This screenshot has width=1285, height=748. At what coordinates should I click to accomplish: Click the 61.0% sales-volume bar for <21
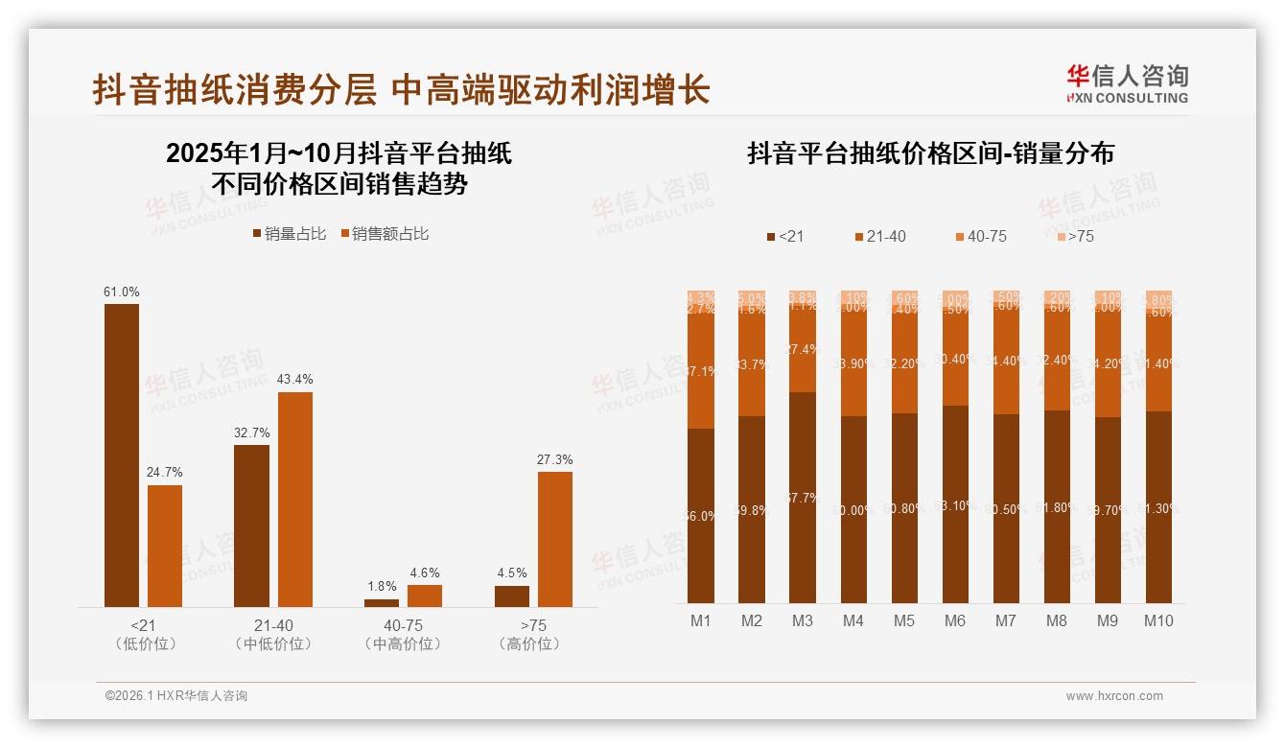pos(122,455)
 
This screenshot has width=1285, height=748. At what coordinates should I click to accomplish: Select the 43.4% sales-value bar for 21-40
pos(295,499)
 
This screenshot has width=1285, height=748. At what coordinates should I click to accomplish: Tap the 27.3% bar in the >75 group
pos(555,538)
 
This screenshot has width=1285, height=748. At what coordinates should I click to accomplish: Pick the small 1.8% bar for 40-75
pos(382,602)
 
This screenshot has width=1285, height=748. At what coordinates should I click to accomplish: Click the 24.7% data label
pos(165,473)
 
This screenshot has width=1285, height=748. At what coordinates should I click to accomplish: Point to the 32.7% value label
pos(251,432)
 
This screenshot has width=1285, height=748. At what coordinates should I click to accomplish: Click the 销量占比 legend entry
pos(289,234)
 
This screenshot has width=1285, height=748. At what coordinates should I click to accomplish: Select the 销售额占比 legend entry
pos(385,234)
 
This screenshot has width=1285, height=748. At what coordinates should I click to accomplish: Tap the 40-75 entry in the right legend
pos(981,236)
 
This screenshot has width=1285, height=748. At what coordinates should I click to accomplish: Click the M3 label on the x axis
pos(803,620)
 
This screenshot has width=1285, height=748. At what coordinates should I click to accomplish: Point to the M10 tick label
pos(1158,620)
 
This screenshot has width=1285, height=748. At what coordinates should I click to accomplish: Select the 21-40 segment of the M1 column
pos(701,369)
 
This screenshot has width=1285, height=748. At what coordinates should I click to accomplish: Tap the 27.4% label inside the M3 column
pos(803,350)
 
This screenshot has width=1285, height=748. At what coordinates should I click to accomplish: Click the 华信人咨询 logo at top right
pos(1127,83)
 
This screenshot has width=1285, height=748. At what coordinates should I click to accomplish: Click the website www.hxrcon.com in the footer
pos(1114,696)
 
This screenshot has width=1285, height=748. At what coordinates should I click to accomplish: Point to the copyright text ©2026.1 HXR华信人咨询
pos(175,696)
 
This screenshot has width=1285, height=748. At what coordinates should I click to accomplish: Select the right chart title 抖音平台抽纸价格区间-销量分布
pos(929,154)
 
